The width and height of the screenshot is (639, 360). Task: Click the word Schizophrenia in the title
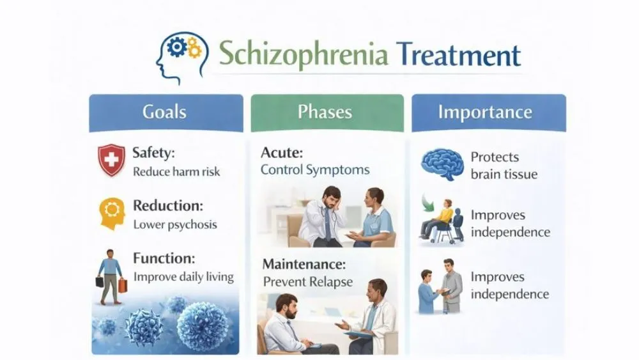click(304, 55)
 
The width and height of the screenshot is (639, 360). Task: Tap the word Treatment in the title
click(458, 55)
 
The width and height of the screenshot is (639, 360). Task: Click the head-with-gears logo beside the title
click(181, 58)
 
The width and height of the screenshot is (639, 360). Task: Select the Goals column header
click(165, 113)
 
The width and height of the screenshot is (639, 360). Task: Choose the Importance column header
click(485, 113)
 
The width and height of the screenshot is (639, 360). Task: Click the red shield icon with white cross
click(111, 159)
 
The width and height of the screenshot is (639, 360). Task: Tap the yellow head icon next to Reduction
click(111, 213)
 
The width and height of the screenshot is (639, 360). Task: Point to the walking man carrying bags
click(110, 274)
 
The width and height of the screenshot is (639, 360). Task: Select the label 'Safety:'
click(153, 153)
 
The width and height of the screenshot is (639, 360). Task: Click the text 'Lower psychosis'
click(174, 224)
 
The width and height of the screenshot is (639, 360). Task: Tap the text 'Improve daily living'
click(183, 277)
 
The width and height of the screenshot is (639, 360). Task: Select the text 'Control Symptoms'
click(315, 170)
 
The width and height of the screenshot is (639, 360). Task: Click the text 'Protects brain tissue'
click(504, 165)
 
